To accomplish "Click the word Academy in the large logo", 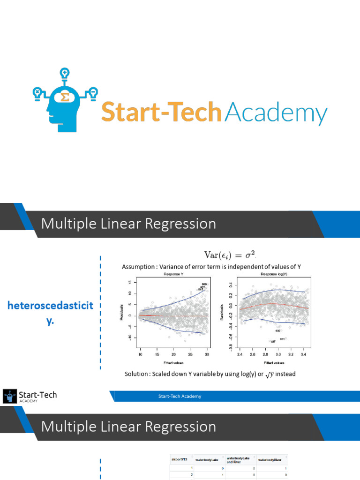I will (276, 114).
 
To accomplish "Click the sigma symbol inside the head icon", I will (65, 97).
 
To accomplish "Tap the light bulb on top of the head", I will (65, 74).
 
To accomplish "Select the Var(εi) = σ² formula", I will (231, 255).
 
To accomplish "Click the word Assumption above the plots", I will (139, 267).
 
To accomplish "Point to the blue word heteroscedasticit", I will (50, 306).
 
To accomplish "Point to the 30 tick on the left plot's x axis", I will (207, 354).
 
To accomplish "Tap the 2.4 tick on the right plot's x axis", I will (240, 354).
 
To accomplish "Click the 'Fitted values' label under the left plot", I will (173, 362).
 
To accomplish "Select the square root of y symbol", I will (269, 374).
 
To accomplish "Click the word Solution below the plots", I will (137, 374).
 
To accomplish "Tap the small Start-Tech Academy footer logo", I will (30, 396).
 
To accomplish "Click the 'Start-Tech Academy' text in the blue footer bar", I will (180, 396).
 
